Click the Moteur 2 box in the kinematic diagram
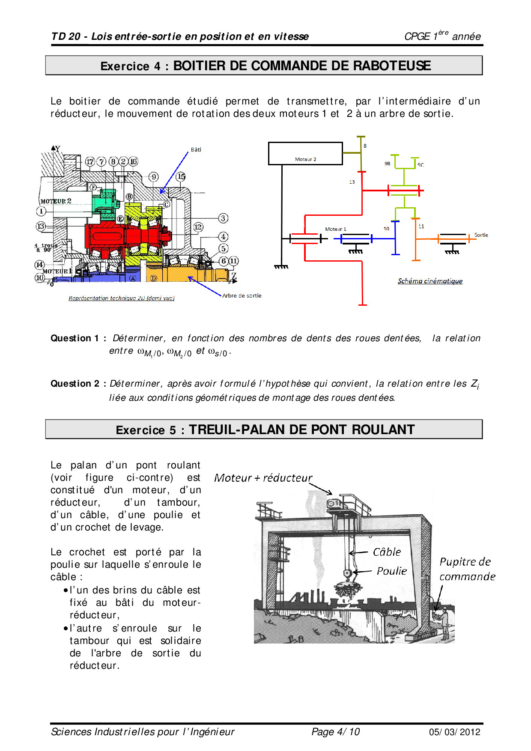(305, 153)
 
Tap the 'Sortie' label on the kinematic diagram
(481, 235)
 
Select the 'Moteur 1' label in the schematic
(335, 229)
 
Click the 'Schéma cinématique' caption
(430, 281)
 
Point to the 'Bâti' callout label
(196, 150)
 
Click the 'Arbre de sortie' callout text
(242, 296)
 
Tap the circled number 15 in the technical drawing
(181, 176)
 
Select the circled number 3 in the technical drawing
(223, 218)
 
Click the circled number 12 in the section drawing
(198, 227)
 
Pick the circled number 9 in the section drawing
(154, 177)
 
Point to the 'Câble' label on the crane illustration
(387, 552)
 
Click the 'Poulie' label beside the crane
(392, 571)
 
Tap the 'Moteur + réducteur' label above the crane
(263, 478)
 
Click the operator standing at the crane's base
(444, 625)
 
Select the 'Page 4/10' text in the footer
(335, 732)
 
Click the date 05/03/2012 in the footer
(454, 732)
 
